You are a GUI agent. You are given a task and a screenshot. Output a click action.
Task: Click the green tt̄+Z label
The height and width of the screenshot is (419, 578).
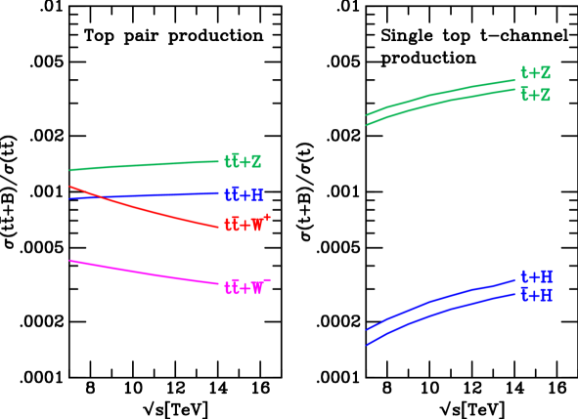tap(243, 161)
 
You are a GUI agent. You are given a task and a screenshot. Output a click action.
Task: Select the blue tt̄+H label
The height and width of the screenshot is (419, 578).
tap(244, 194)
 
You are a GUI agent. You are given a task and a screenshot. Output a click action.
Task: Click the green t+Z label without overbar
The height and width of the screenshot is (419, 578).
tap(535, 73)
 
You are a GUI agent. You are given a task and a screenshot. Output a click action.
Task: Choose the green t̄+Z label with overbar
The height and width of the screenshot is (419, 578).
tap(535, 95)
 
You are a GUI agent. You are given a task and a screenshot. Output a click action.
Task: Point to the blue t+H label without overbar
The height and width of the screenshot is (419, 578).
tap(537, 277)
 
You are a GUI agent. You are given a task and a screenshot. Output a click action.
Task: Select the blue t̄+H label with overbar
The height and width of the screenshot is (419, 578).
tap(537, 295)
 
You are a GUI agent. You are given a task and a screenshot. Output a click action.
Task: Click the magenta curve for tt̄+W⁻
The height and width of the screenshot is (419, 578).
tap(147, 273)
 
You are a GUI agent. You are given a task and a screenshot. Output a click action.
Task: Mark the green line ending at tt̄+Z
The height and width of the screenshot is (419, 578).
tap(147, 165)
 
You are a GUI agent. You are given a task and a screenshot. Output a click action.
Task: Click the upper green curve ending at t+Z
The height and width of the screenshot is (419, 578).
tap(440, 93)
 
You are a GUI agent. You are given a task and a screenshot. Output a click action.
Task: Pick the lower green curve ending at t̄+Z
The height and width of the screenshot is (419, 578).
tap(440, 103)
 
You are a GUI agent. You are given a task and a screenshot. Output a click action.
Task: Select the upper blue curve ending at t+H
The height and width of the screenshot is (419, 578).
tap(440, 298)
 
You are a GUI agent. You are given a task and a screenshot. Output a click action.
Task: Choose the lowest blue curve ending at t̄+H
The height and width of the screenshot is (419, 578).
tap(440, 311)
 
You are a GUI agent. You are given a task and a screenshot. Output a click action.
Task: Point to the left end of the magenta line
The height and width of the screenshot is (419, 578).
tap(70, 261)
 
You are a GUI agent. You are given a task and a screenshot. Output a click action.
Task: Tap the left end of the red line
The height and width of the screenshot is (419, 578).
tap(70, 186)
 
